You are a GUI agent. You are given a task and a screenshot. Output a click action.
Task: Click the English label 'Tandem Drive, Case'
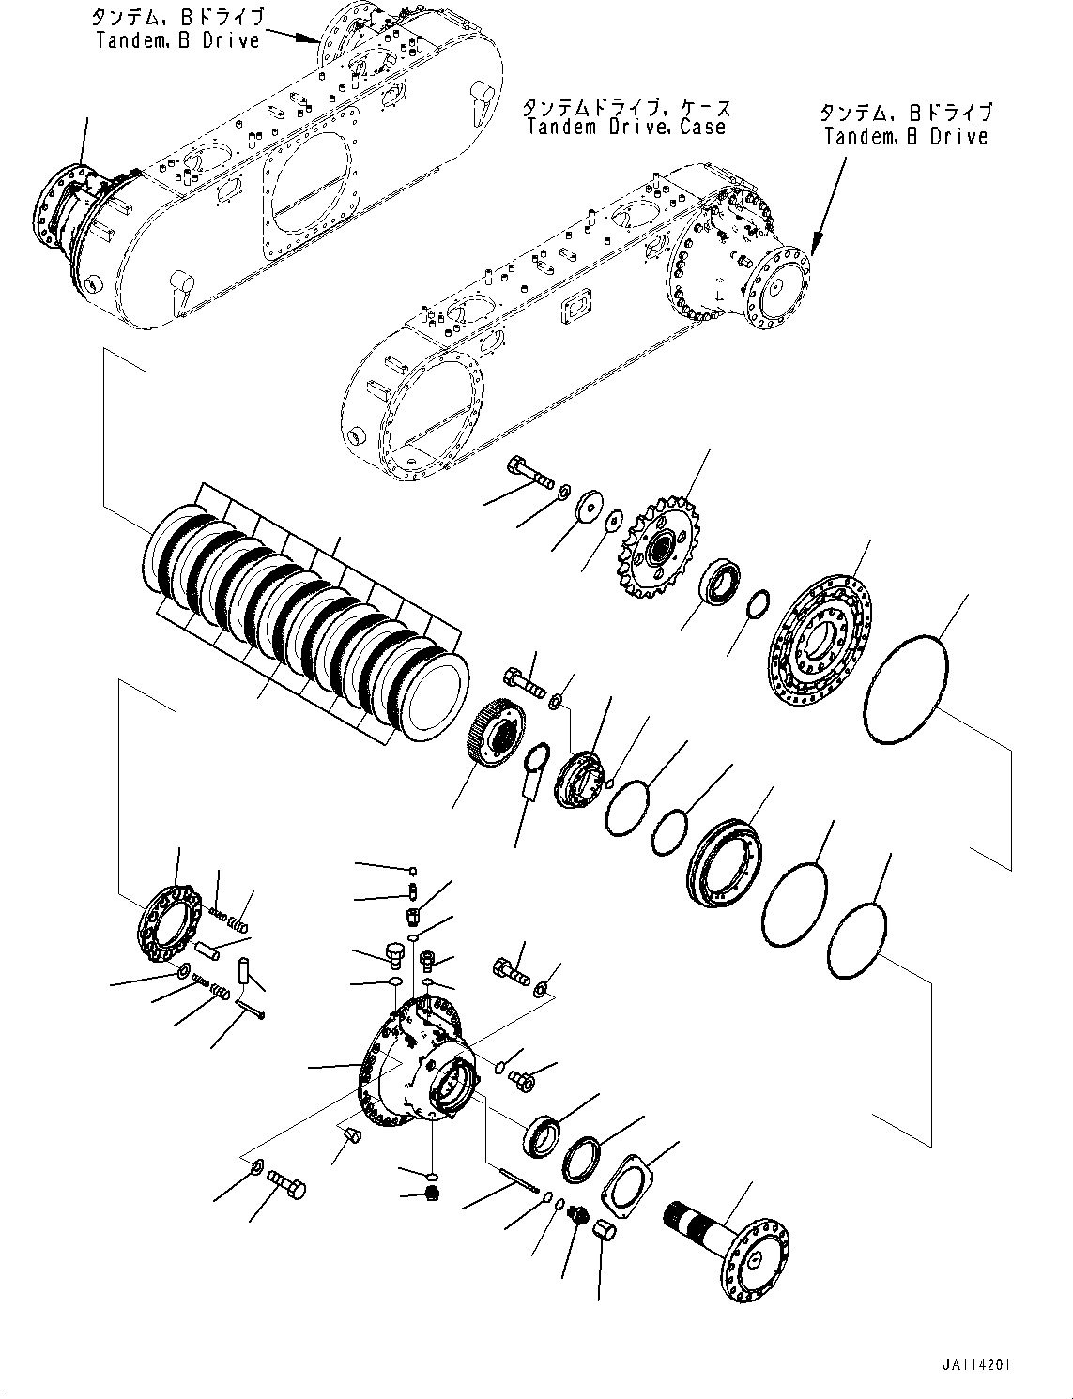coord(626,128)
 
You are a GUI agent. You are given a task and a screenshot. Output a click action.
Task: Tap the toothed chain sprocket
coord(659,549)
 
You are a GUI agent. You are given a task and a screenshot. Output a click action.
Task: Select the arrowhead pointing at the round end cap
coord(813,250)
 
